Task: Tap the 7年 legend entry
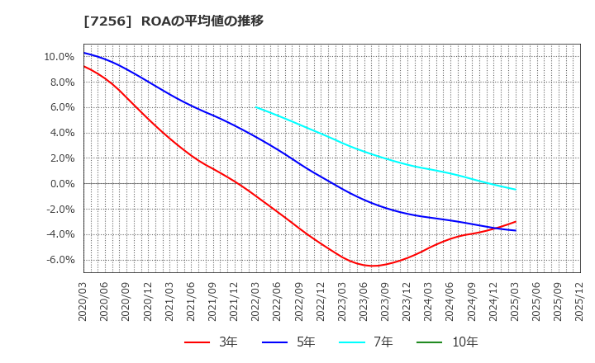pos(373,342)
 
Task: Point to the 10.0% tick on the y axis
pos(59,57)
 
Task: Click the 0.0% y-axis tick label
pos(61,184)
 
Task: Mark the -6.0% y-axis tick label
pos(59,260)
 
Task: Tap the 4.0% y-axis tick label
pos(61,133)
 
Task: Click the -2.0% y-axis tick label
pos(59,210)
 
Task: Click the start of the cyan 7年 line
pos(256,107)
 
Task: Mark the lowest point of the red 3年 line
pos(373,266)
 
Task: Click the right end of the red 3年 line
pos(516,221)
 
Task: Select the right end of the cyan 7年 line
pos(516,190)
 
